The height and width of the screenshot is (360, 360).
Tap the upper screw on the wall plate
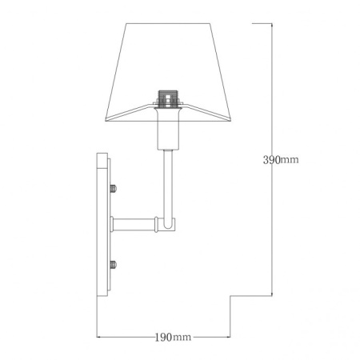113,190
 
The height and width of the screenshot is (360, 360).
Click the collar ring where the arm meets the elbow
152,225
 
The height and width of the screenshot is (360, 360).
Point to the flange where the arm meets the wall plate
113,225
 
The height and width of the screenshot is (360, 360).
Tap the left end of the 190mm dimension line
98,338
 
